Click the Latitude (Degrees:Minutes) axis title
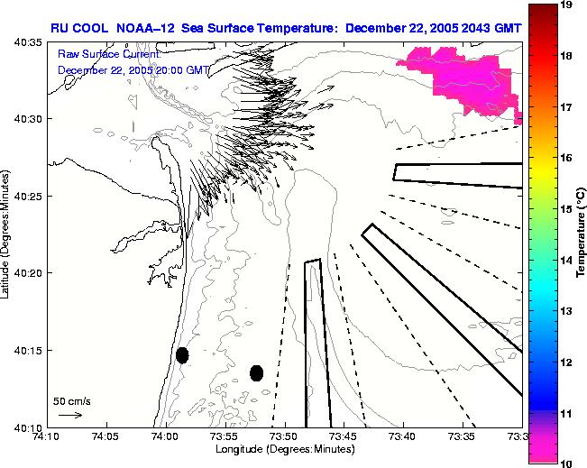tap(7, 234)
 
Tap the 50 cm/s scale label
tap(71, 400)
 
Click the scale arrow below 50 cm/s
tap(70, 415)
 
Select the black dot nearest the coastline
tap(182, 355)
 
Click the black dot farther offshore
tap(256, 372)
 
